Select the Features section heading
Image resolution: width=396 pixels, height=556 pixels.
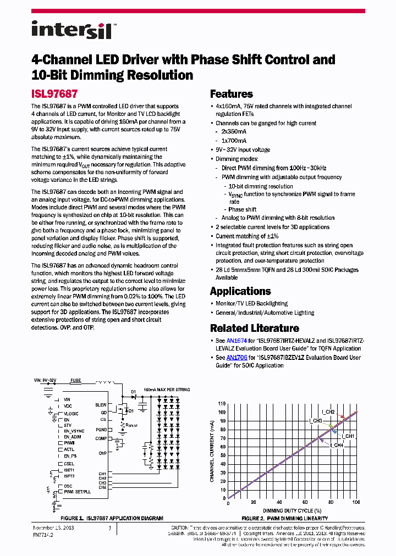click(231, 94)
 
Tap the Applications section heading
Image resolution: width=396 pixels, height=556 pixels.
click(240, 291)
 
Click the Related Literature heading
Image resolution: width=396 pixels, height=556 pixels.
click(254, 328)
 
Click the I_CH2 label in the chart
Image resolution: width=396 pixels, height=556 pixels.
click(328, 412)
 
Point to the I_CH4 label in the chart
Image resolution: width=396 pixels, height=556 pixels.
click(337, 445)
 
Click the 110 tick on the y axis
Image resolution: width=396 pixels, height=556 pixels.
click(222, 403)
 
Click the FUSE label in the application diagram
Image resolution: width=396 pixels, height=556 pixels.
click(75, 380)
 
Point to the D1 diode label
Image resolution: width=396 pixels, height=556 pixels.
click(133, 392)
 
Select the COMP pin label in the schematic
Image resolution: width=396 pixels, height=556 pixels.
click(101, 438)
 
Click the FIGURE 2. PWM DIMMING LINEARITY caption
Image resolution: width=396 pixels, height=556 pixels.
click(285, 518)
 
